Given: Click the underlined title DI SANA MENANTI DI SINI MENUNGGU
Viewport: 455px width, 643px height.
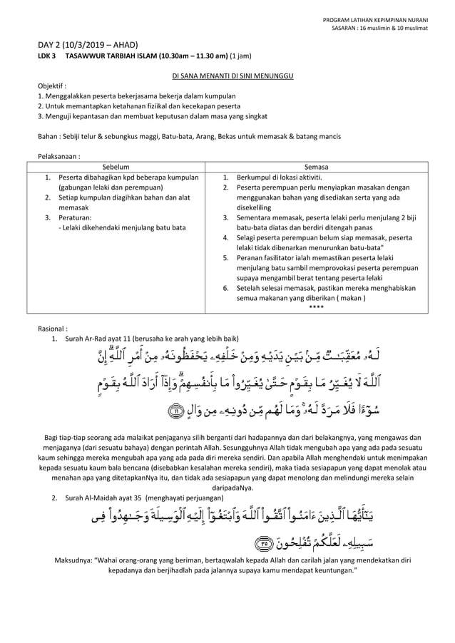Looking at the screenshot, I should (227, 75).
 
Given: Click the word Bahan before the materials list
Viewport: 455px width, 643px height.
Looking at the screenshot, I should (47, 135).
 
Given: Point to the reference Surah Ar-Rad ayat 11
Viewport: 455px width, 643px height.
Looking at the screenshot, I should (100, 338).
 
